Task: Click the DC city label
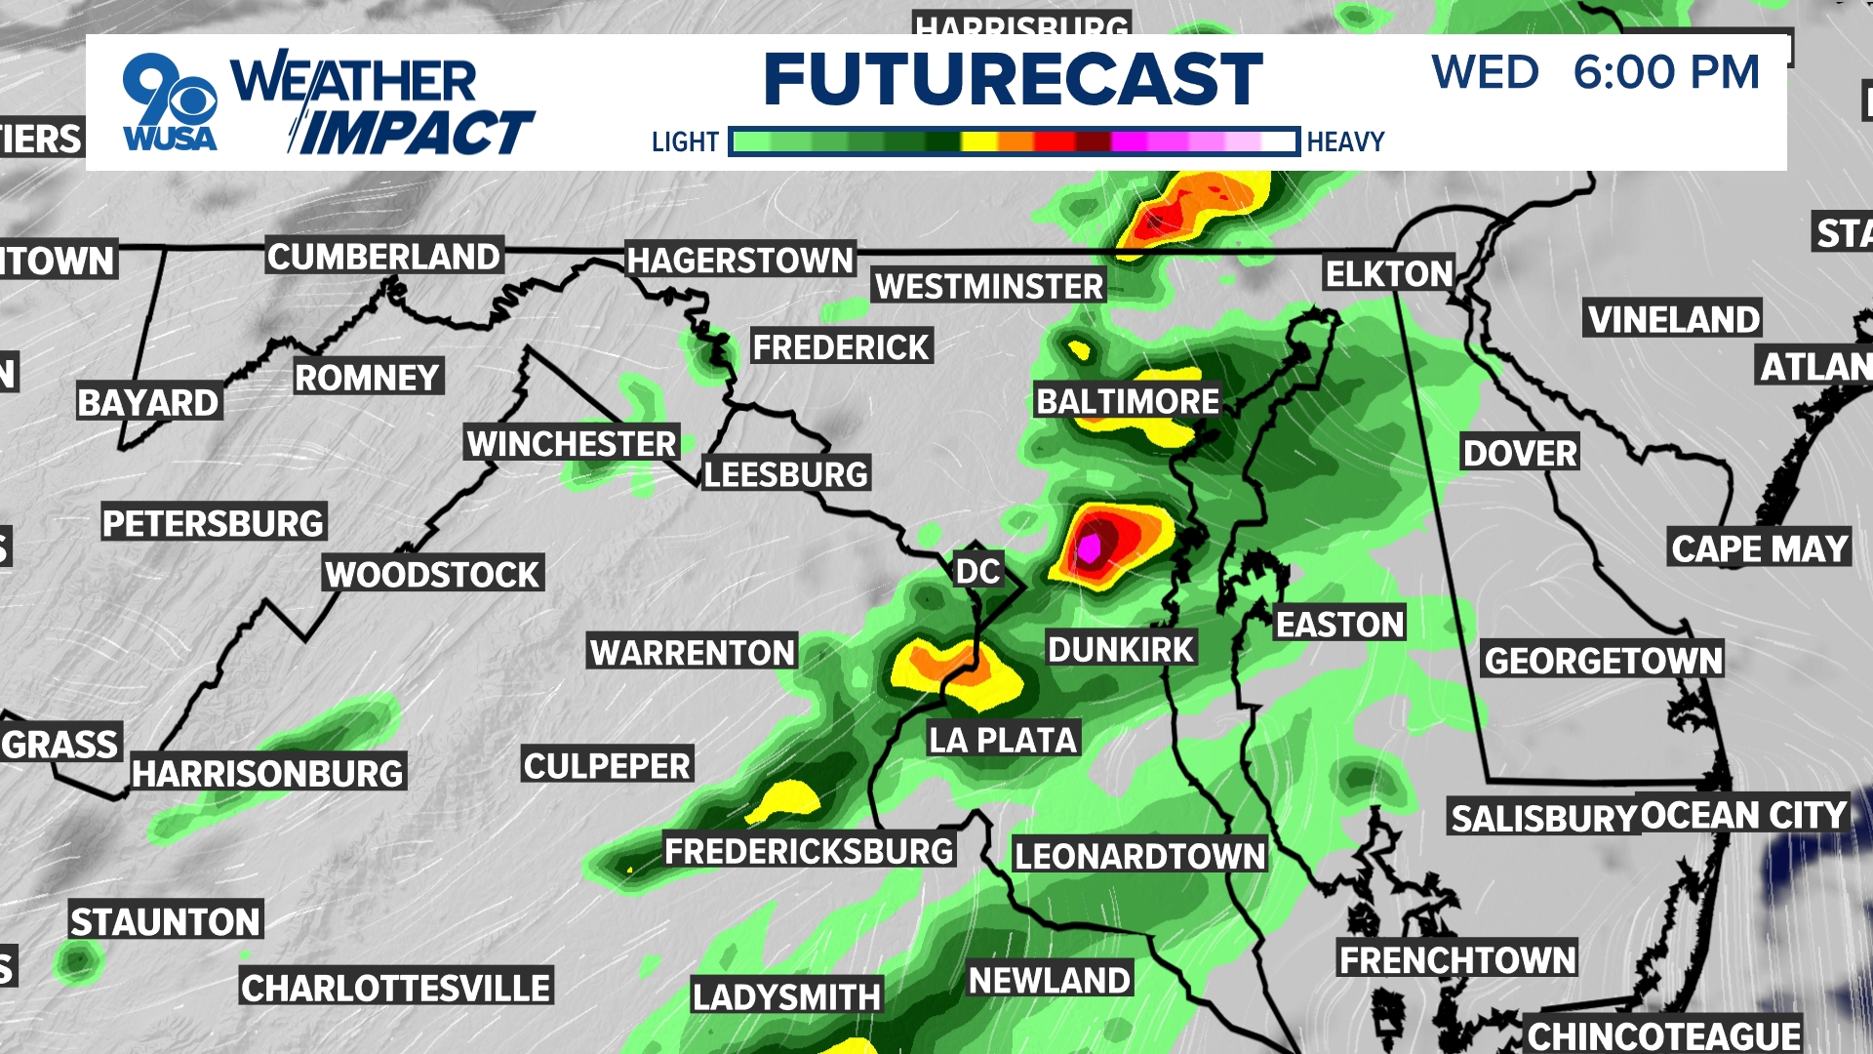point(977,571)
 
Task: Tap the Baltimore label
point(1128,401)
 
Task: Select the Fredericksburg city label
point(809,851)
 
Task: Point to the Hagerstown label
point(740,261)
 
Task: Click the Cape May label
point(1760,548)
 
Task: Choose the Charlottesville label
point(396,989)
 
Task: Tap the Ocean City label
point(1744,815)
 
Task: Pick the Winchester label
point(572,444)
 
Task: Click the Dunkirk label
point(1121,649)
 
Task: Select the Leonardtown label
point(1139,856)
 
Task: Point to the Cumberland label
point(383,257)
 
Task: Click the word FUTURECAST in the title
point(1013,79)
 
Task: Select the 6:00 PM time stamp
point(1666,72)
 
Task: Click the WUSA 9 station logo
point(170,102)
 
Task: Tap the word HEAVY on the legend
point(1345,142)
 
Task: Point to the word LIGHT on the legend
point(685,142)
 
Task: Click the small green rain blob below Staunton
point(78,961)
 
